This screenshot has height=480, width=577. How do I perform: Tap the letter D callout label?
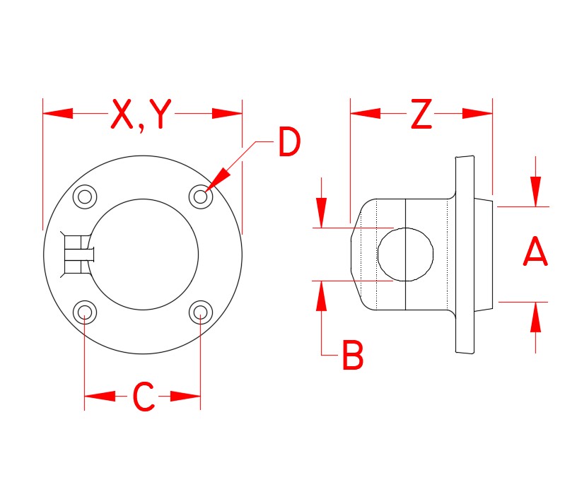click(288, 144)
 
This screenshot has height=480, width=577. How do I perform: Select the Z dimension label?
click(421, 115)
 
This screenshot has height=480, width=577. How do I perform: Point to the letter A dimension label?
click(535, 254)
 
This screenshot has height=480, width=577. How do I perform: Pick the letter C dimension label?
click(144, 397)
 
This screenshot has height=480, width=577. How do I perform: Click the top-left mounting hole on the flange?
click(86, 197)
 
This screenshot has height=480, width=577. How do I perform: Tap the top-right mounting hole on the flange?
click(202, 197)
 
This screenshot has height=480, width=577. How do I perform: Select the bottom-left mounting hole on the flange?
click(86, 312)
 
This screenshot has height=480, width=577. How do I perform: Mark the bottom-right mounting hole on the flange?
click(202, 312)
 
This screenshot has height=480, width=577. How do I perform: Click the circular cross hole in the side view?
click(405, 254)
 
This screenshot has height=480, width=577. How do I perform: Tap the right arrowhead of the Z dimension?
click(477, 113)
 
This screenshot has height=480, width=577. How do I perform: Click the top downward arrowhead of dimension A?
click(535, 191)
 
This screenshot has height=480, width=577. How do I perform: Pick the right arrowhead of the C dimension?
click(187, 396)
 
